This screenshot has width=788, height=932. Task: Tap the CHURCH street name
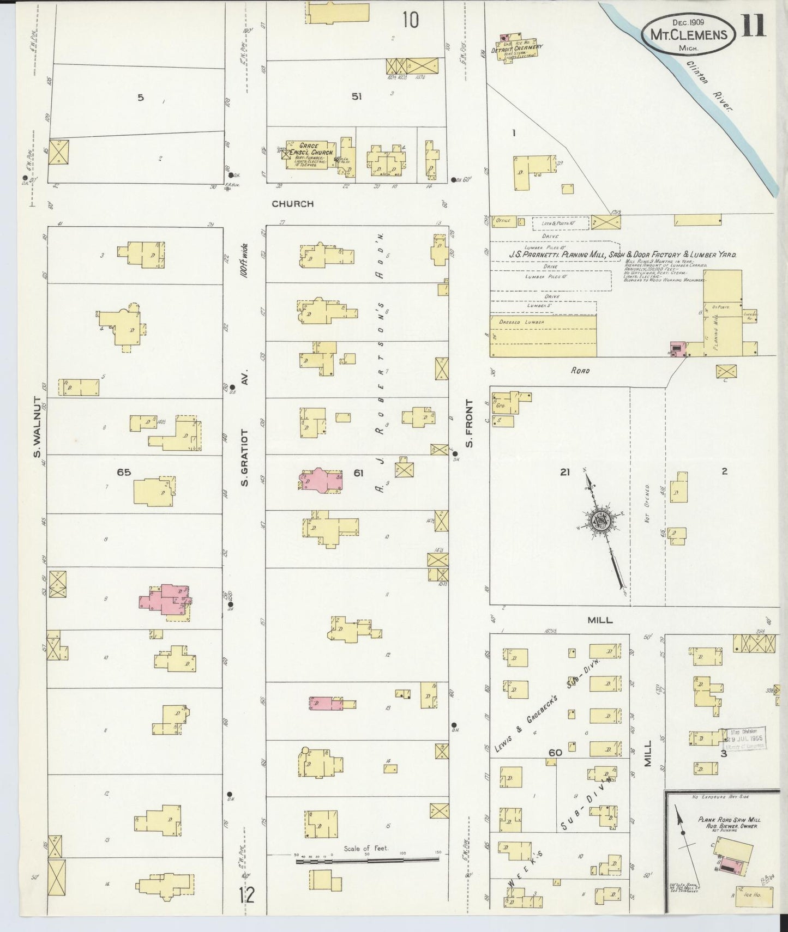(293, 204)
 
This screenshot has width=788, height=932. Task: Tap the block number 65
(124, 472)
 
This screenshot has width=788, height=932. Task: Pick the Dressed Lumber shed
(543, 336)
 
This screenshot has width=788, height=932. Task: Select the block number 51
(357, 96)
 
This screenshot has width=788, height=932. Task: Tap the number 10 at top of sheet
(411, 21)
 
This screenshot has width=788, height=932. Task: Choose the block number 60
(555, 753)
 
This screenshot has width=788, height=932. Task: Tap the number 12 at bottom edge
(247, 895)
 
